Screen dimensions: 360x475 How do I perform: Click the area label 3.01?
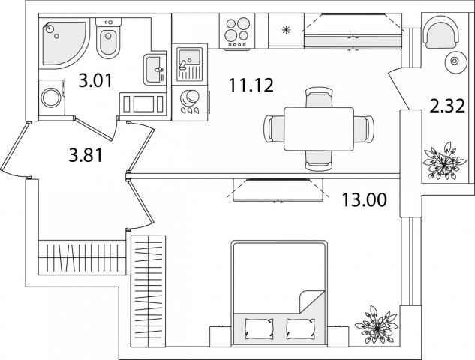pos(94,80)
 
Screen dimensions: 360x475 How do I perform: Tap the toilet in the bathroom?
pos(109,43)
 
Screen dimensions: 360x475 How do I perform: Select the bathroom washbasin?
pos(155,70)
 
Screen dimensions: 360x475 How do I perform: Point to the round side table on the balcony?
pos(452,62)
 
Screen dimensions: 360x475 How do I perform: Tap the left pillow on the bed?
pos(260,327)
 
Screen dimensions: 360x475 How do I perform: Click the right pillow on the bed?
pos(302,327)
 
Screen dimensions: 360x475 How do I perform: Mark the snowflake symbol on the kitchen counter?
pos(285,31)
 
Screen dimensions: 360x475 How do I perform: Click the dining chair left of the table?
pos(275,128)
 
